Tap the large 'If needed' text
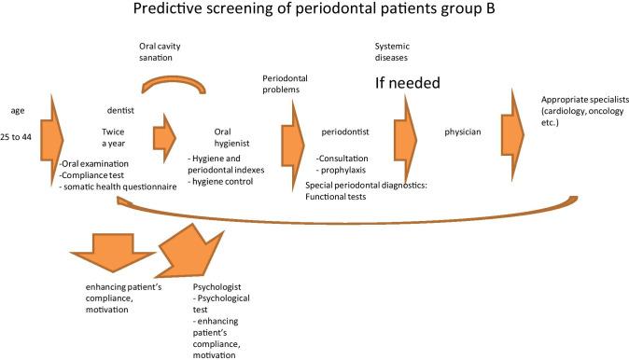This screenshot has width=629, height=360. pyautogui.click(x=407, y=83)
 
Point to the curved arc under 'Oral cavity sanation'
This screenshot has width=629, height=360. pyautogui.click(x=174, y=84)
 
